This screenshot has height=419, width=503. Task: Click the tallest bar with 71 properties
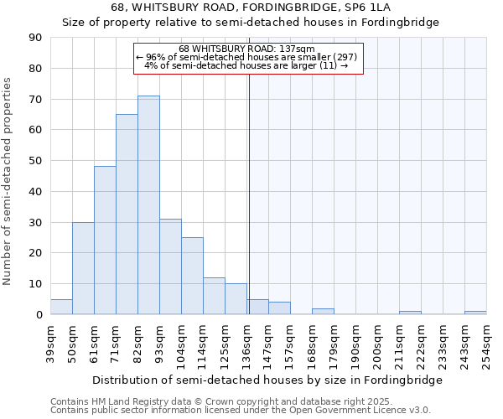coord(148,205)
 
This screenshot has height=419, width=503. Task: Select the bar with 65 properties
coord(127,215)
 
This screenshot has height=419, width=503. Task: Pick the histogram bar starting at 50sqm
coord(83,268)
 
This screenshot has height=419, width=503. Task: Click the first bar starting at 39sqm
coord(61,307)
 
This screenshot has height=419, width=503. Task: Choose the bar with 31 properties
coord(170,266)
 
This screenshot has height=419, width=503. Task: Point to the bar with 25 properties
coord(192,276)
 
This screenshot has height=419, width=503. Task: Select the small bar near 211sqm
coord(410,313)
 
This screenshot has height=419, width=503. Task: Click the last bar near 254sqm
coord(475,313)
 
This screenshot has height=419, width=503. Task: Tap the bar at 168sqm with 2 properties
coord(323,312)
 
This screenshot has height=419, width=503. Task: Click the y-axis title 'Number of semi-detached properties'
coord(8,181)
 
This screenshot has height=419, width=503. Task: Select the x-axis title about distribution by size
coord(267,380)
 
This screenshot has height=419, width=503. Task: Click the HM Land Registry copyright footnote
coord(240,401)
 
